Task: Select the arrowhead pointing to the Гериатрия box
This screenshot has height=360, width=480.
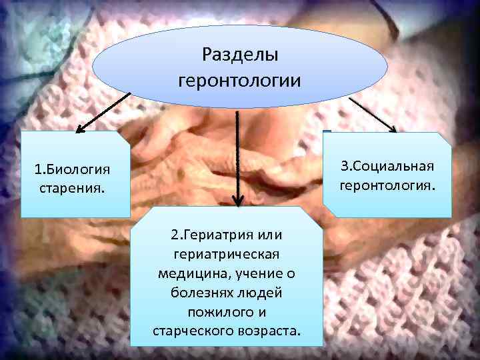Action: point(237,200)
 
